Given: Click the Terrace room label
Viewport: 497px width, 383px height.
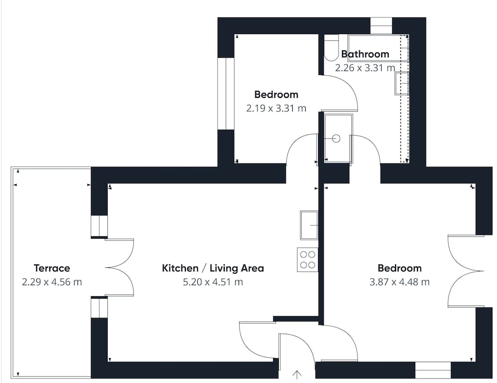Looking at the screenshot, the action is click(52, 268).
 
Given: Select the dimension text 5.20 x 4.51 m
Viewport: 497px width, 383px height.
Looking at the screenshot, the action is click(213, 282).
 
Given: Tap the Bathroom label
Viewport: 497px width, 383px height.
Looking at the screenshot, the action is click(365, 54).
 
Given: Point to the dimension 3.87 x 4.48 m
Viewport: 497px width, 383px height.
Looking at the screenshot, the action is click(400, 282).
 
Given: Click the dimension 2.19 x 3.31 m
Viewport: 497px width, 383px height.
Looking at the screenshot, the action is click(276, 108).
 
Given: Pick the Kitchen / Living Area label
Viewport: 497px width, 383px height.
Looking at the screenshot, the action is click(213, 268).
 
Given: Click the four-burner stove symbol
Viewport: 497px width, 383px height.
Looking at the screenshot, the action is click(308, 259).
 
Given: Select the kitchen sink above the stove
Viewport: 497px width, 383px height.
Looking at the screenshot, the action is click(309, 225).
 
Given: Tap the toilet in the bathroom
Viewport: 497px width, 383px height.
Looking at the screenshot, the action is click(331, 48).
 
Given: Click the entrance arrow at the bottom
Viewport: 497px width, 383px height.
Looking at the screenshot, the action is click(297, 375).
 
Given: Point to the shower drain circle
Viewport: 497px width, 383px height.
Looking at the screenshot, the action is click(335, 139).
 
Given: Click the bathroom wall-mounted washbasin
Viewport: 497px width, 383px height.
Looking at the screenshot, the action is click(402, 83).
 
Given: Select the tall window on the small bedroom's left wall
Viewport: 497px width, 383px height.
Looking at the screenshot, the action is click(226, 94).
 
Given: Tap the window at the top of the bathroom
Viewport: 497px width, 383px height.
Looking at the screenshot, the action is click(381, 26).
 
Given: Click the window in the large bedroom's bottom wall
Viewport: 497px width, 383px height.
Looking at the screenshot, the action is click(433, 370).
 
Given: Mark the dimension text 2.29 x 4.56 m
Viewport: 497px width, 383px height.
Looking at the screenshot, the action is click(52, 282).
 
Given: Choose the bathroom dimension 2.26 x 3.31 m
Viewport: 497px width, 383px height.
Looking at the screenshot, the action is click(365, 68).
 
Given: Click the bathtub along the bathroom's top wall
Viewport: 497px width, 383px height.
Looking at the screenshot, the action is click(378, 48).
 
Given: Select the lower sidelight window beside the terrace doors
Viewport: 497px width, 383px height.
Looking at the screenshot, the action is click(99, 308).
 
